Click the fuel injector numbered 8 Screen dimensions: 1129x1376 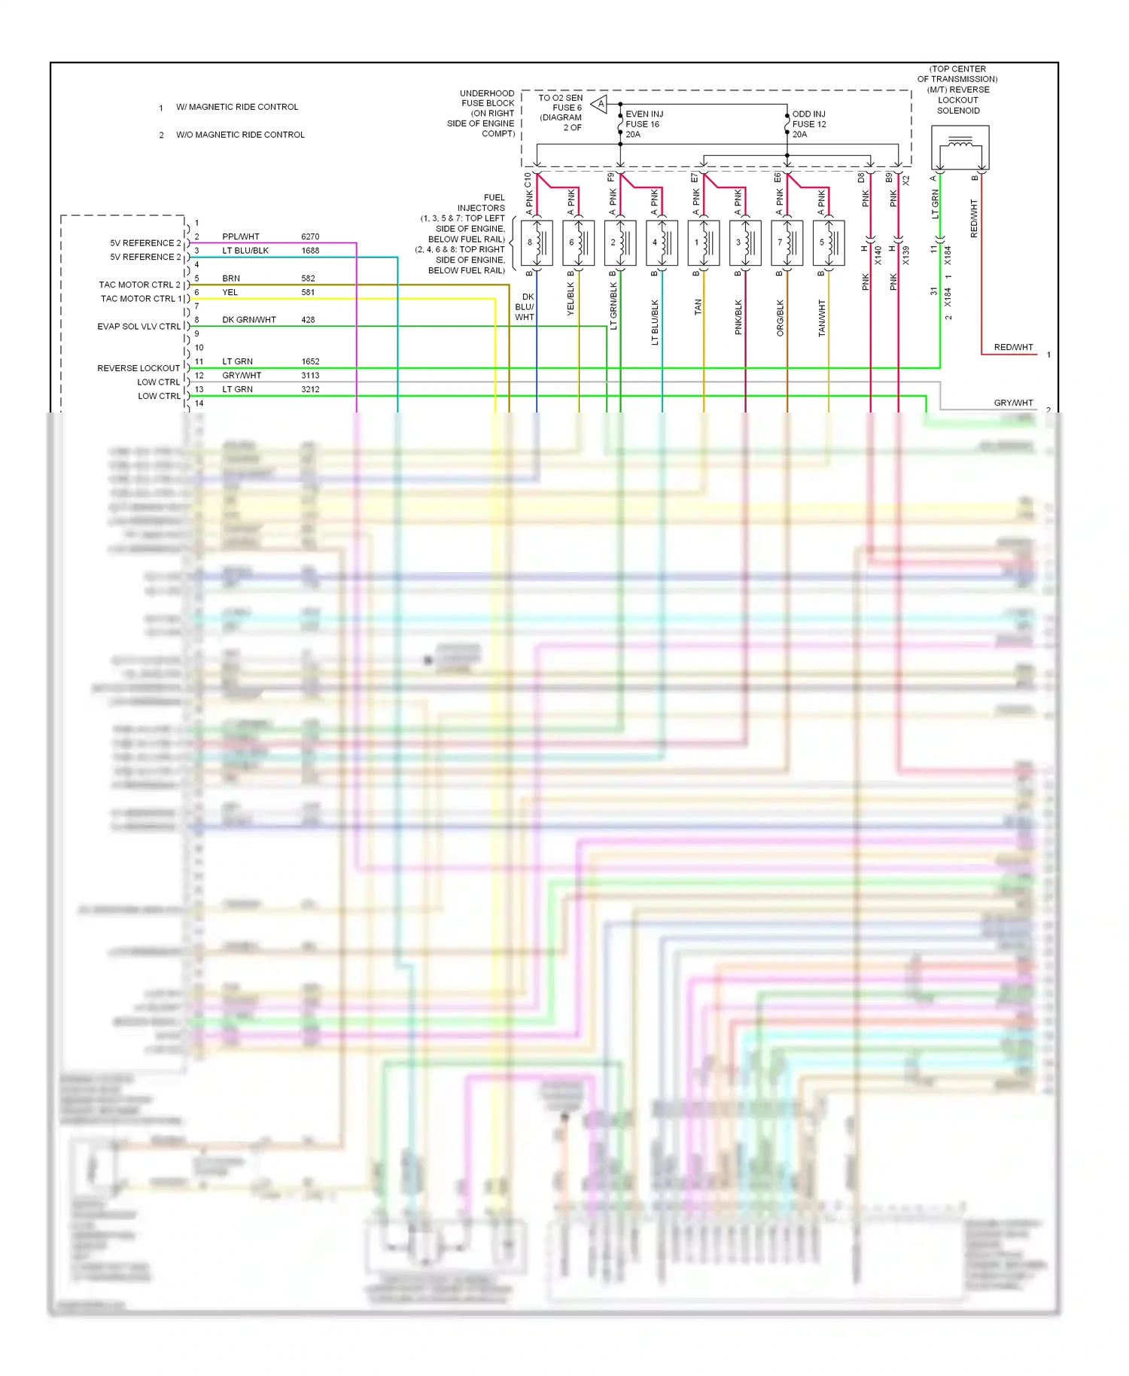click(x=536, y=242)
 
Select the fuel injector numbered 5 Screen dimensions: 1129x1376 click(x=828, y=242)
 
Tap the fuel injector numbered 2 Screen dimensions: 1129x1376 click(x=619, y=242)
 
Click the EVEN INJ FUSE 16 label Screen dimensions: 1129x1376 click(x=644, y=124)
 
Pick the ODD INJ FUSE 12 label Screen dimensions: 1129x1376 click(x=809, y=124)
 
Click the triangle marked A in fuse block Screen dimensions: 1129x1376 click(x=600, y=104)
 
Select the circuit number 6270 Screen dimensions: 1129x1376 click(x=310, y=236)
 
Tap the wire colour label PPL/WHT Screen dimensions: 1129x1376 click(x=241, y=236)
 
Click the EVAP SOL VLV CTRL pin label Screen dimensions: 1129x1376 click(x=139, y=327)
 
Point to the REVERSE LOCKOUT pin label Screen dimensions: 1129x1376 click(x=138, y=368)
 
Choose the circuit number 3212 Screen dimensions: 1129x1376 click(x=310, y=389)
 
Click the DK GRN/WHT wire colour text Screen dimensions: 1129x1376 click(x=249, y=320)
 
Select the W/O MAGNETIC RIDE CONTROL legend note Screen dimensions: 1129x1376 click(x=240, y=135)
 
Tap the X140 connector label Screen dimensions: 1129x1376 click(x=878, y=255)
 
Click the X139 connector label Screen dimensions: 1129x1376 click(x=905, y=255)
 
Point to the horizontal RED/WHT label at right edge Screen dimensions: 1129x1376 click(x=1013, y=347)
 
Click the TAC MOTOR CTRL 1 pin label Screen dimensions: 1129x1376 click(x=142, y=299)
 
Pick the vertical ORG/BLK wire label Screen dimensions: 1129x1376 click(x=781, y=318)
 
